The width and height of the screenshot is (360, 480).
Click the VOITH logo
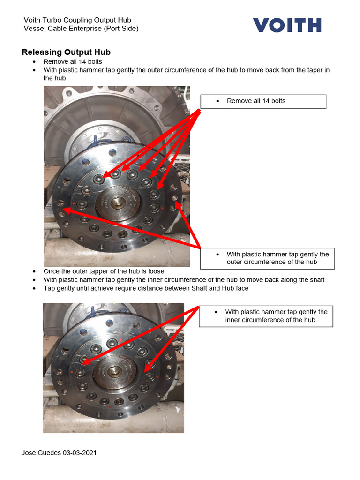287,25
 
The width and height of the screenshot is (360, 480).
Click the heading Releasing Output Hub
66,52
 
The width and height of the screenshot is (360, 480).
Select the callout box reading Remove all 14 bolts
263,101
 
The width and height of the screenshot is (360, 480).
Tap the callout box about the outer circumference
267,258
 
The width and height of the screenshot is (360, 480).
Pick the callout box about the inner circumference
266,316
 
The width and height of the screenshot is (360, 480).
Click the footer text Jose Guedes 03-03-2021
60,453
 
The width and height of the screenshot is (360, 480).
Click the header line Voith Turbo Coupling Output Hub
77,20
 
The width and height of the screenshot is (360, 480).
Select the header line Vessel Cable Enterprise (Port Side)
81,29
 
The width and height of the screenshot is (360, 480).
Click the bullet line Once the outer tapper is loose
104,271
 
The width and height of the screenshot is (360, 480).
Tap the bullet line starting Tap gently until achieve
146,288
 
